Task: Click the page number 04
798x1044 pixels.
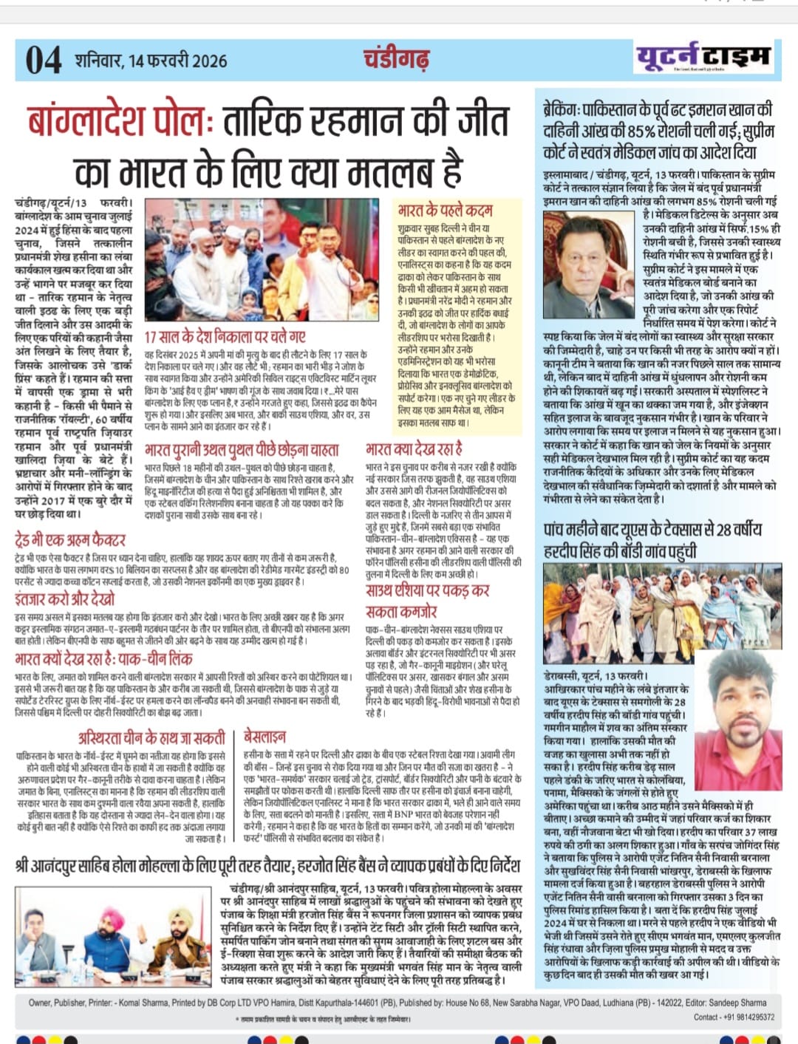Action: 44,60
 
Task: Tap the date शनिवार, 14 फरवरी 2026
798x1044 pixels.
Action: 151,61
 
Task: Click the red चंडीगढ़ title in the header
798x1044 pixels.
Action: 396,58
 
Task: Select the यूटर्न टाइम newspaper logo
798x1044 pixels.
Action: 703,57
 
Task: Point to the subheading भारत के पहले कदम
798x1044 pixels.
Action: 445,210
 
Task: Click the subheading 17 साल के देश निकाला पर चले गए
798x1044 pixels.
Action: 225,337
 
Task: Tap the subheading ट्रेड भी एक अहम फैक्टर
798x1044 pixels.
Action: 70,539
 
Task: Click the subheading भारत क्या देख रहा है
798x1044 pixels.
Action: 414,448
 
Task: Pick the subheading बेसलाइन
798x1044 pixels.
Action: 265,736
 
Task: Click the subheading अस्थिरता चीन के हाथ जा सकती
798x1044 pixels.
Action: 151,737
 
